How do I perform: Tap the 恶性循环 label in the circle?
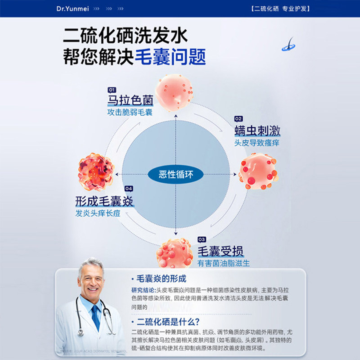tap(175, 174)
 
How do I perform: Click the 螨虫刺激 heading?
tap(257, 131)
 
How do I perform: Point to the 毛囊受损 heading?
tap(220, 251)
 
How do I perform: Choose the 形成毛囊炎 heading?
tap(104, 201)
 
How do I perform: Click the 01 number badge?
tap(112, 90)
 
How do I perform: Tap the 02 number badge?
tap(238, 119)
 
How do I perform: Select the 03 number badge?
tap(202, 239)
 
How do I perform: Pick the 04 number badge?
tap(129, 189)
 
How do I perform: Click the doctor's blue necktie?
tap(95, 317)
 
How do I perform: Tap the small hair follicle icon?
tap(288, 45)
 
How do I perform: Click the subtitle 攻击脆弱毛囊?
tap(130, 112)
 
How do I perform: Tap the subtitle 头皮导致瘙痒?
tap(256, 143)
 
